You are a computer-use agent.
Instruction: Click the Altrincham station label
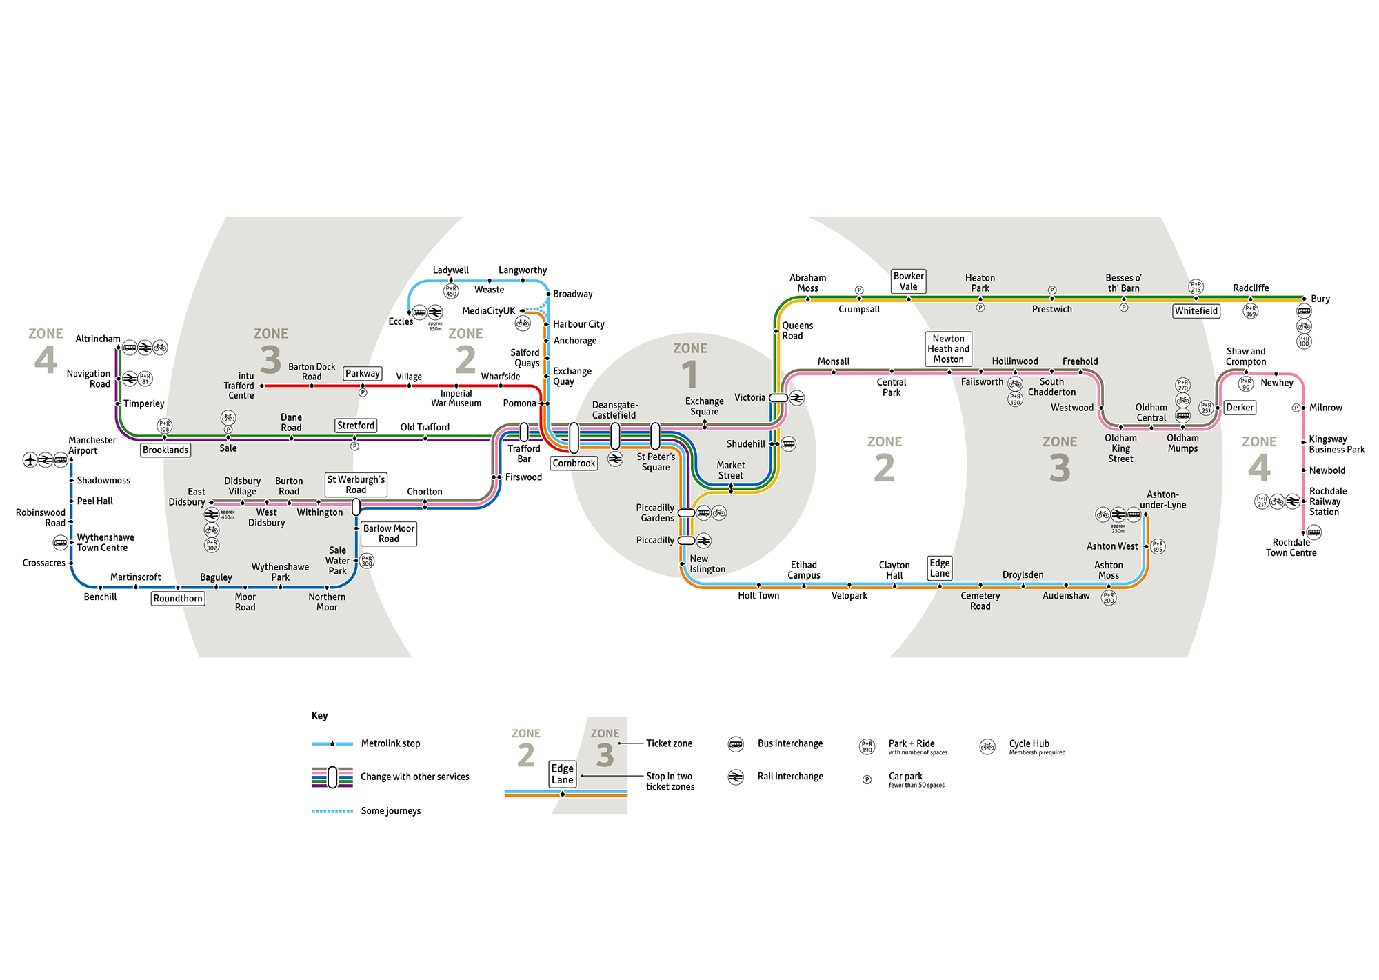coord(98,339)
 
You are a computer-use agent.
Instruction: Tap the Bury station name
coord(1320,299)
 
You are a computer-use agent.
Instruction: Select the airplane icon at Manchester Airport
coord(30,459)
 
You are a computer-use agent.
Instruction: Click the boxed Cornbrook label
coord(574,463)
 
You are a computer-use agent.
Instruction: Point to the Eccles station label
coord(401,321)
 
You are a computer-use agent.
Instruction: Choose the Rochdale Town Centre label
coord(1291,548)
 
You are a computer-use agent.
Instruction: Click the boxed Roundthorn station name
coord(178,599)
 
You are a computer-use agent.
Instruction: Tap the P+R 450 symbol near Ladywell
coord(451,291)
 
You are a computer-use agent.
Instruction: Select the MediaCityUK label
coord(488,311)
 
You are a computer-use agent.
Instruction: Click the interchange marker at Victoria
coord(778,398)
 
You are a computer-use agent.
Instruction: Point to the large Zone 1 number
coord(689,374)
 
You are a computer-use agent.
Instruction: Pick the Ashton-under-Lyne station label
coord(1162,499)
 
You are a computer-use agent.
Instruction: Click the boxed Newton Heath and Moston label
coord(948,348)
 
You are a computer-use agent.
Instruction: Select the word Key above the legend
coord(319,715)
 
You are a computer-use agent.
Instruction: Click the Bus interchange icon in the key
coord(736,744)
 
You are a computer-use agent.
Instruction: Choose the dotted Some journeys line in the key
coord(332,811)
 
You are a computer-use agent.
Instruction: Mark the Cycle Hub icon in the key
coord(987,746)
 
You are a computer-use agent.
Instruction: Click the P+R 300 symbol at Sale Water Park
coord(367,561)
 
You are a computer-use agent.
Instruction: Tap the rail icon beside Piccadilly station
coord(703,541)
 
